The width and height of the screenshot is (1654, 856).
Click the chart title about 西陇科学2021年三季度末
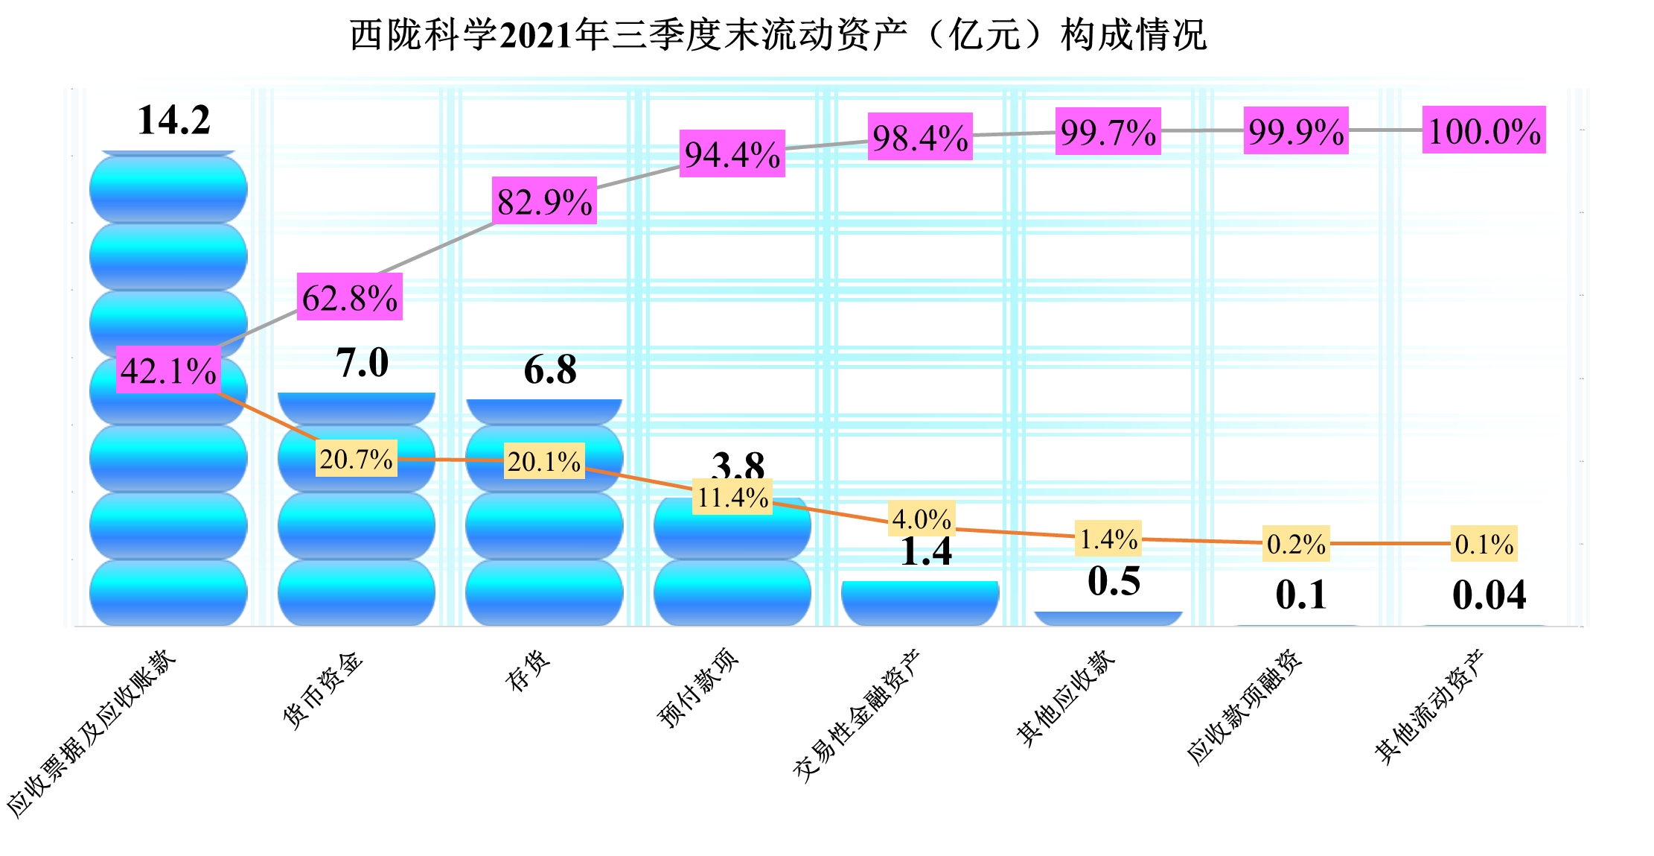pos(778,35)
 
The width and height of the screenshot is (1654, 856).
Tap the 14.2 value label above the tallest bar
pos(173,120)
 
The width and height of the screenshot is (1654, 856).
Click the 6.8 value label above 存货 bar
pos(550,370)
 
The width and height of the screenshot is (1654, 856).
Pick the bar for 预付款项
pos(732,566)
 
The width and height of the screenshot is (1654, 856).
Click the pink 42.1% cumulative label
pos(168,370)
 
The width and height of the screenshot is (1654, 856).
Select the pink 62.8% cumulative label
pos(350,297)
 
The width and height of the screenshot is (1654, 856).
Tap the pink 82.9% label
pos(544,201)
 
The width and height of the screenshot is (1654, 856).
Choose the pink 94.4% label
pos(732,154)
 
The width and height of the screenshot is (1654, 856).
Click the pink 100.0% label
pos(1484,130)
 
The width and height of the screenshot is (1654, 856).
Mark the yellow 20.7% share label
pos(356,459)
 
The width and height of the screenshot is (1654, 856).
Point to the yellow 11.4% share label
pos(732,498)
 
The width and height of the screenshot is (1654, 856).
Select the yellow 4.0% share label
pos(922,519)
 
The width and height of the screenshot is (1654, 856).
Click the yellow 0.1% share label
pos(1484,545)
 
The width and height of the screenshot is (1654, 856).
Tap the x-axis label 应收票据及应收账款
pos(91,734)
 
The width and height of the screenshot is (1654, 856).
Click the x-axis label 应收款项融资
pos(1244,707)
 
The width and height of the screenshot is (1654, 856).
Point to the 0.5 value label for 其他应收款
pos(1114,581)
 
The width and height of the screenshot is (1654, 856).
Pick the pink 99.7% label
pos(1108,132)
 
